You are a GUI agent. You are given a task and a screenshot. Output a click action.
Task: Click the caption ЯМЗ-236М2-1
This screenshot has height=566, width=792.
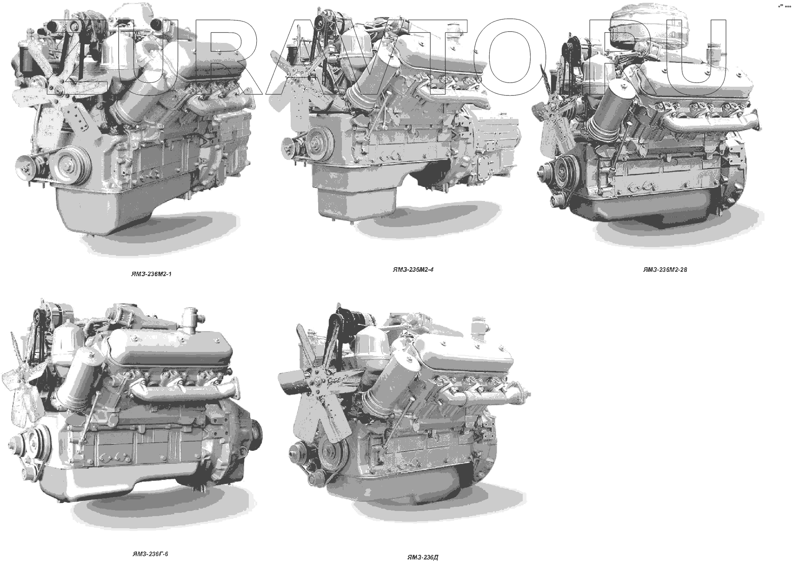(x=151, y=274)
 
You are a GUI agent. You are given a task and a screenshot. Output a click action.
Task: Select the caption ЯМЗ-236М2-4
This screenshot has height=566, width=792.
(x=413, y=269)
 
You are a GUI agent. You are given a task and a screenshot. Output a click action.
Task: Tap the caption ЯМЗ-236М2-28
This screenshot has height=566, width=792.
(x=665, y=269)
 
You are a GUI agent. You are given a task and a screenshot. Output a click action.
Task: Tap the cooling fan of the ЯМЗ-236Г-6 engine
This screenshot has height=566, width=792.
(x=22, y=379)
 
